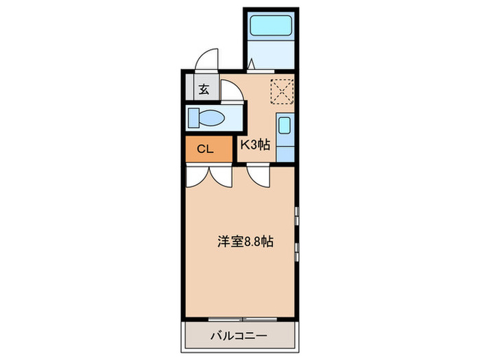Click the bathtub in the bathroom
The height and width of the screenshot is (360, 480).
tap(272, 27)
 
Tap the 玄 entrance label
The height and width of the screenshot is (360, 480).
tap(204, 88)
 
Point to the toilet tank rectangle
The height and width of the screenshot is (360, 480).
tap(193, 118)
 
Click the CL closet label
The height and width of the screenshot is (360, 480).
tap(204, 149)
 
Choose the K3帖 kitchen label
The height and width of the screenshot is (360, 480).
tap(254, 145)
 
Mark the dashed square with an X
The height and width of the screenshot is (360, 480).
tap(282, 91)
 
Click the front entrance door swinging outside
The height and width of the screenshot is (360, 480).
tap(205, 61)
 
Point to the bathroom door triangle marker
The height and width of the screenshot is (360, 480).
tap(252, 64)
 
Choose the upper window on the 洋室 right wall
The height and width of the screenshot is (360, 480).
tap(297, 216)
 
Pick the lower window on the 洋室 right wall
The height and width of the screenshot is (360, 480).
tap(297, 251)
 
